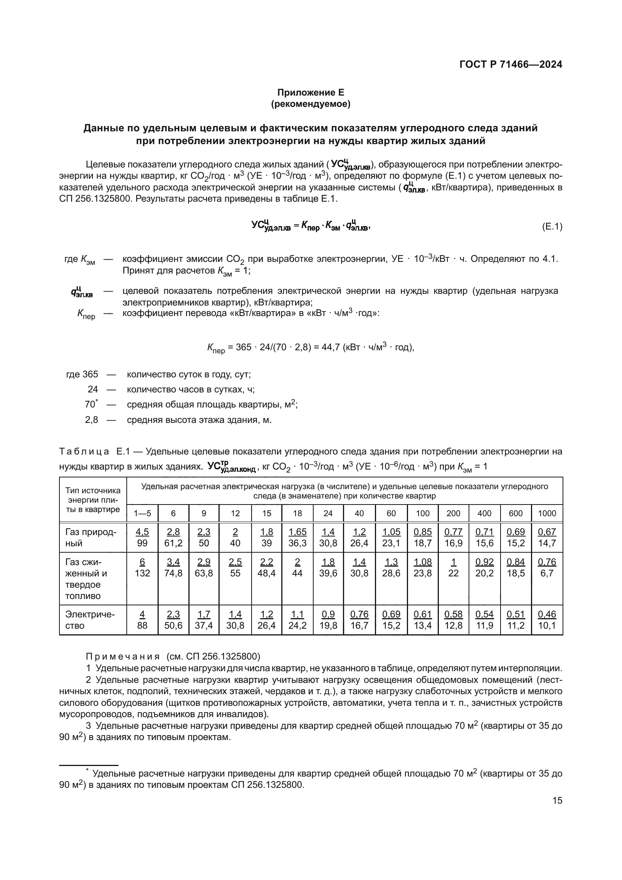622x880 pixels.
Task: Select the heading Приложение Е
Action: pos(311,93)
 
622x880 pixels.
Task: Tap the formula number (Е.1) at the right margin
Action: pos(552,226)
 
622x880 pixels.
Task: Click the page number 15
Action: pos(557,800)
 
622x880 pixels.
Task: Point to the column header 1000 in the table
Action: pos(547,513)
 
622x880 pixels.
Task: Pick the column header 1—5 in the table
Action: pos(142,513)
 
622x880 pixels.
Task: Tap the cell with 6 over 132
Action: pos(143,568)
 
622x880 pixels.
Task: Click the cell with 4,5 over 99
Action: pos(143,537)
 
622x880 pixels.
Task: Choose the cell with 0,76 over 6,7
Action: pos(547,568)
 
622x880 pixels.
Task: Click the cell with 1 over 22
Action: pos(454,568)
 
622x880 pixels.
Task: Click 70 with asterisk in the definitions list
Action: pos(91,404)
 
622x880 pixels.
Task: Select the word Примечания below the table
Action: pos(123,657)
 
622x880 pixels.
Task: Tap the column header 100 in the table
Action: pos(422,513)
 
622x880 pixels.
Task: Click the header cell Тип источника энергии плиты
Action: pos(93,500)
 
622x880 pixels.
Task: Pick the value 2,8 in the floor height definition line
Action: pos(91,420)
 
